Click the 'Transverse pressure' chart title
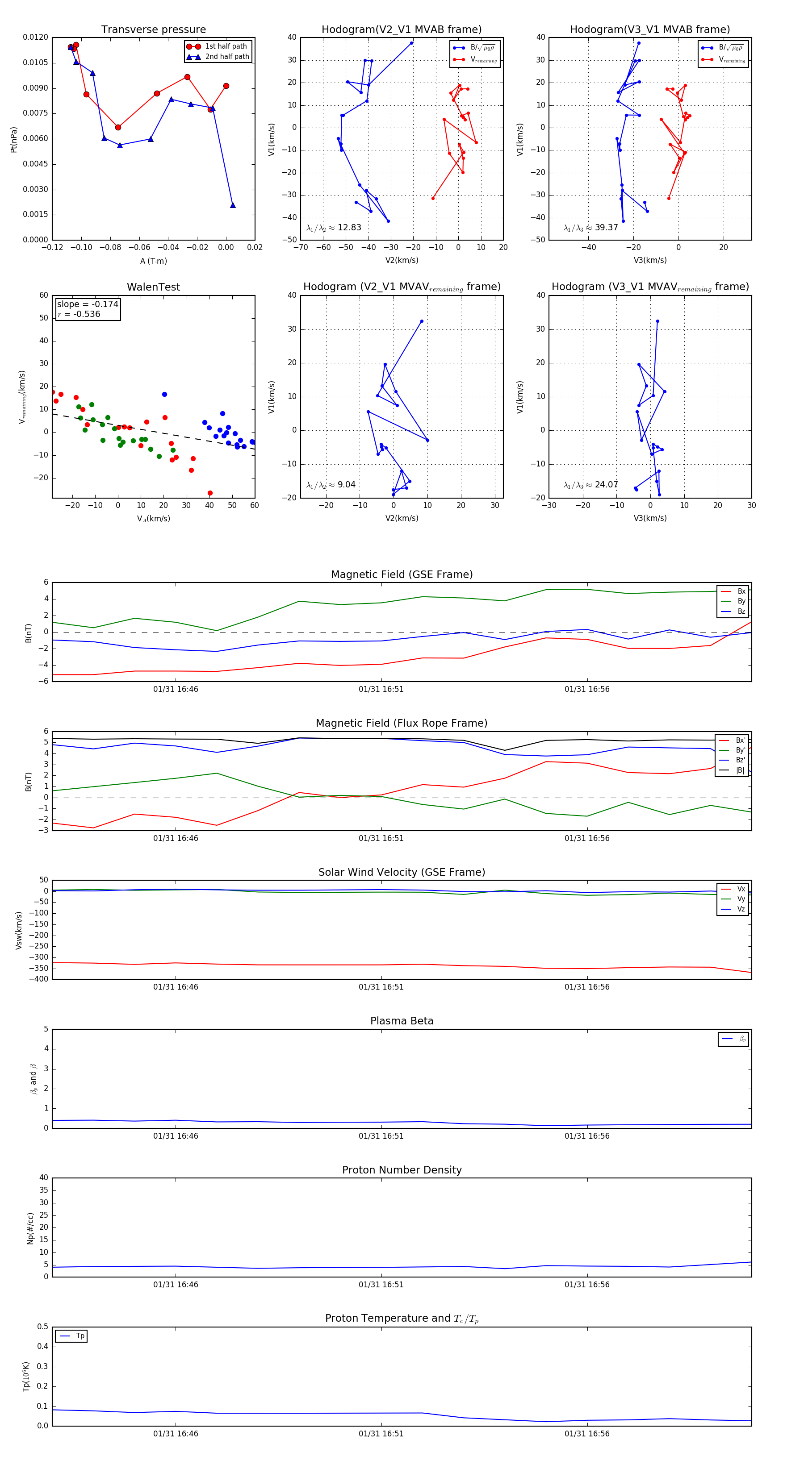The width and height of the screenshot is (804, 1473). (x=153, y=30)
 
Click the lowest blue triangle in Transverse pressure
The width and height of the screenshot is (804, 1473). (x=232, y=205)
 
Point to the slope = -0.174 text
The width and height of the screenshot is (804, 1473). (x=88, y=304)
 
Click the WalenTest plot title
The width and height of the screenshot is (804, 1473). (x=153, y=287)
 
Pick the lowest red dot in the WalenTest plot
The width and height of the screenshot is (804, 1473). (x=210, y=493)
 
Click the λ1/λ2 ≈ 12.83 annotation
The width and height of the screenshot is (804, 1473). (x=334, y=228)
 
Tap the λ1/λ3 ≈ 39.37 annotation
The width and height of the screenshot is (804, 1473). (x=590, y=228)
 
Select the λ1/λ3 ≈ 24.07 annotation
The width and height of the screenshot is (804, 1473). (x=590, y=485)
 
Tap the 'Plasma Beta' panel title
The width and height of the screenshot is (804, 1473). (x=402, y=1021)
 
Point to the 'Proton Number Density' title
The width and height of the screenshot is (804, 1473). (x=402, y=1170)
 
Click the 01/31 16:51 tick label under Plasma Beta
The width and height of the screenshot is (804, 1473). (x=381, y=1136)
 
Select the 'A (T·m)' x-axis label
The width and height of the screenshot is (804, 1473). (x=153, y=261)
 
